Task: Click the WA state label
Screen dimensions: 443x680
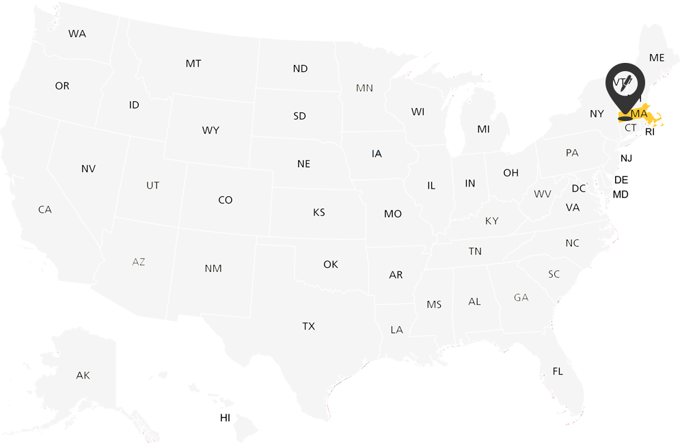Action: coord(77,33)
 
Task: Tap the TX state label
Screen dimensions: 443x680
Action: coord(309,326)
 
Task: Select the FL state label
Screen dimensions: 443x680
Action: coord(558,371)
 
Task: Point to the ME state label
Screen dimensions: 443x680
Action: coord(657,58)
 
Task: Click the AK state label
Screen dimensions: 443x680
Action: coord(83,375)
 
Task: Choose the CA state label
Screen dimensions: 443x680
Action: coord(45,210)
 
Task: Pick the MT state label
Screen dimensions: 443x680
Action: coord(193,64)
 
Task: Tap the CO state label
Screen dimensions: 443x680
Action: coord(226,200)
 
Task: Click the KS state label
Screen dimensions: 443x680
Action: coord(319,213)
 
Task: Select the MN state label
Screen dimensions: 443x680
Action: coord(364,88)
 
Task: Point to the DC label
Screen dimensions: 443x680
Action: coord(579,189)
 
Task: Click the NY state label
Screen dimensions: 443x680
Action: coord(597,113)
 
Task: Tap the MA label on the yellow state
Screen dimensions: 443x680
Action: coord(640,113)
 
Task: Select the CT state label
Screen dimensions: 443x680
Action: coord(631,128)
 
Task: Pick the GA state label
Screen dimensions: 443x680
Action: coord(521,297)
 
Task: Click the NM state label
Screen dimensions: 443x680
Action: coord(213,269)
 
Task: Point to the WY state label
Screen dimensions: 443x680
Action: coord(210,130)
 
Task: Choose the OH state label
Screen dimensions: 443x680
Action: coord(511,173)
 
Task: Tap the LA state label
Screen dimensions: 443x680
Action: coord(396,330)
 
